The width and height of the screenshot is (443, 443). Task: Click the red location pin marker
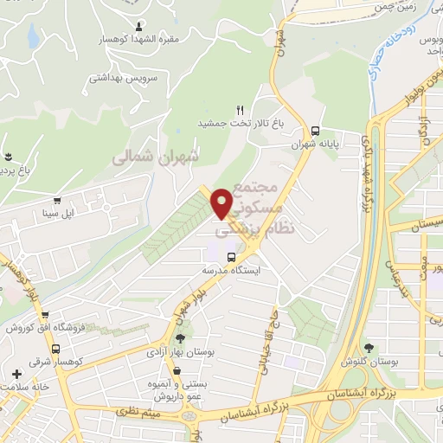coord(222,203)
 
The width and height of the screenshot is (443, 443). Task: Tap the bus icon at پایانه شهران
coord(313,121)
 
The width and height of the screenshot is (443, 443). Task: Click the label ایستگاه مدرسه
coord(231,270)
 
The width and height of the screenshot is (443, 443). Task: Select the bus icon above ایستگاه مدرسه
coord(231,257)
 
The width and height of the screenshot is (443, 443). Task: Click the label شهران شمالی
coord(156,157)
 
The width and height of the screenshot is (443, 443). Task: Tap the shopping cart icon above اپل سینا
coord(57,200)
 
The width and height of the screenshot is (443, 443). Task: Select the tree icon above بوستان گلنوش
coord(371,348)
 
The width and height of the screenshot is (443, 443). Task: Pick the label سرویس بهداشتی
coord(122,77)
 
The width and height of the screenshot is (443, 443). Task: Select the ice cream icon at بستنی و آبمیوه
coord(177,373)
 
